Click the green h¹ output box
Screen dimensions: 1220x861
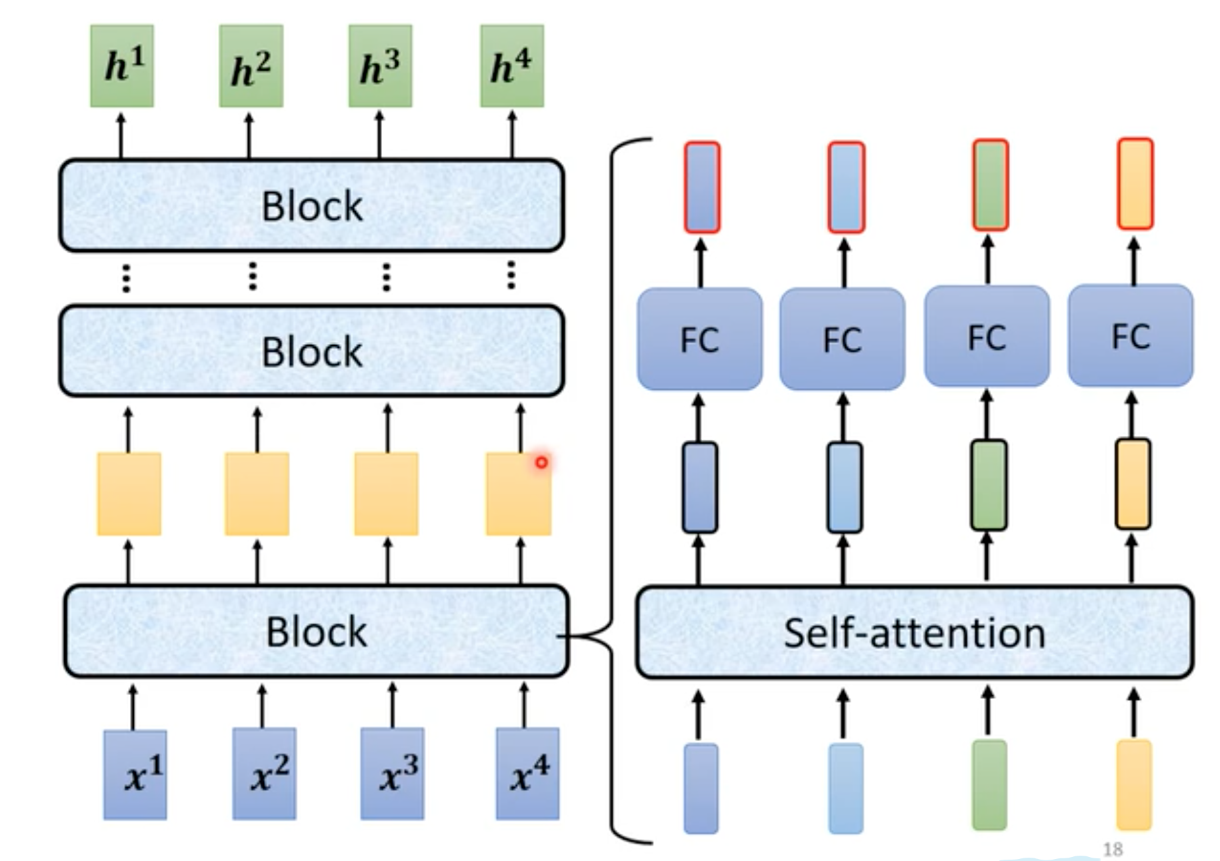[122, 66]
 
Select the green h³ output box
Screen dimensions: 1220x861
[380, 66]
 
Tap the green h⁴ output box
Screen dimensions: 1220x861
[512, 66]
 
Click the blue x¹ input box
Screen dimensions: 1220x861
[135, 774]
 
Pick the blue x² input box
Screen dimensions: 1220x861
[264, 774]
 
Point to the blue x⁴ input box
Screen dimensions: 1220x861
[527, 774]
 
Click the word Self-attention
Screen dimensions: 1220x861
[914, 633]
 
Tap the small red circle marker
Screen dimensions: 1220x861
[541, 462]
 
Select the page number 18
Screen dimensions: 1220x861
[1113, 849]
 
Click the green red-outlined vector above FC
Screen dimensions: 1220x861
[990, 185]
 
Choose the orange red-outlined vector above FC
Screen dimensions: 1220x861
[1135, 183]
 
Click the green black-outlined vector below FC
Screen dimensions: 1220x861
[989, 485]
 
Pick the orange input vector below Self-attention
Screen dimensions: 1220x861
[1133, 785]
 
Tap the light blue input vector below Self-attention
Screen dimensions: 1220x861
[845, 788]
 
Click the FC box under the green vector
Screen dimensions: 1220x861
[987, 336]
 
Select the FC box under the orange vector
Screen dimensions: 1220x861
[1131, 335]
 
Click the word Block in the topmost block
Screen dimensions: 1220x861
[312, 206]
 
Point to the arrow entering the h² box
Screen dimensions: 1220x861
[249, 136]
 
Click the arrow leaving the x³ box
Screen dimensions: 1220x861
[392, 705]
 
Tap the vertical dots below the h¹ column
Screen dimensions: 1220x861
[126, 278]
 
